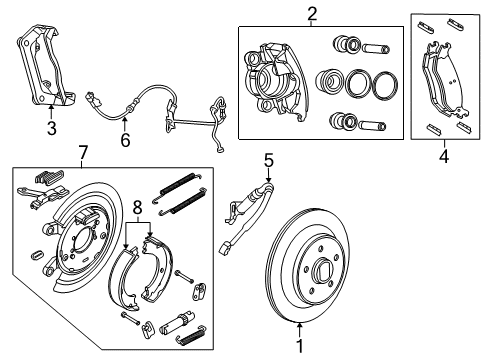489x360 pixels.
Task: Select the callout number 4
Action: tap(444, 155)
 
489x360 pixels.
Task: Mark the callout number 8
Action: tap(138, 208)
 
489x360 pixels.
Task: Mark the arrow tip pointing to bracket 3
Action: tap(51, 106)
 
